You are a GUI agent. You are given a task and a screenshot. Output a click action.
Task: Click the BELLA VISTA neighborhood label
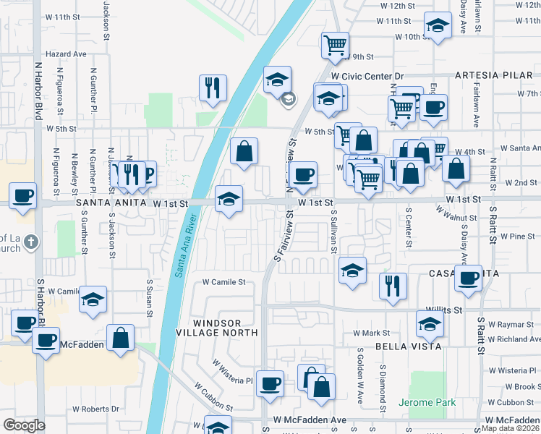[x=409, y=346]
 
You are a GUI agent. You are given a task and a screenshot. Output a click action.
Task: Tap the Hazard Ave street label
[x=65, y=54]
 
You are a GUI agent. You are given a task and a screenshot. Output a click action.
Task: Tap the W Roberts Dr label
[x=95, y=409]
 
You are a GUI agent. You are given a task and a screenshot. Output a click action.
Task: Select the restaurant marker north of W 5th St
[x=213, y=88]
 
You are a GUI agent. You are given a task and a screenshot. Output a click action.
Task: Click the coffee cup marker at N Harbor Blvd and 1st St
[x=23, y=195]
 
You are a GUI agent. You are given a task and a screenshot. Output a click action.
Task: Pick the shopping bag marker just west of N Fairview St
[x=244, y=151]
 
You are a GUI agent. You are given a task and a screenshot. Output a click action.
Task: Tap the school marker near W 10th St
[x=437, y=27]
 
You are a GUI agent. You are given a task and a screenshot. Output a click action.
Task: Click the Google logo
[x=24, y=425]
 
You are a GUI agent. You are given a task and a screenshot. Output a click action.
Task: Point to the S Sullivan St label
[x=334, y=229]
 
